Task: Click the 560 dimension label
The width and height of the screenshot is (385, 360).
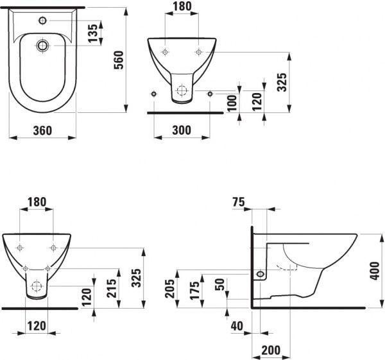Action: coord(119,60)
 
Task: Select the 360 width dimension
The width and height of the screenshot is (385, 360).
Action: coord(42,130)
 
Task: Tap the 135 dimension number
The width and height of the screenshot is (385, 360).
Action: coord(93,33)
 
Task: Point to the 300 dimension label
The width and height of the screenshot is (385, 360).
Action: coord(182,130)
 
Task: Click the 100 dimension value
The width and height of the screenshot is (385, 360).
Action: coord(232,103)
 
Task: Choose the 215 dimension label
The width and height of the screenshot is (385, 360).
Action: coord(112,288)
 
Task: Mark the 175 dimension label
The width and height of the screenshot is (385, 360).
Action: coord(194,290)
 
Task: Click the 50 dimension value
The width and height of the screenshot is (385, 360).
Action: coord(219,284)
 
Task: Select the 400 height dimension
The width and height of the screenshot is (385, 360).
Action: coord(375,271)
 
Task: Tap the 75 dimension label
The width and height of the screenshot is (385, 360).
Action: coord(239,202)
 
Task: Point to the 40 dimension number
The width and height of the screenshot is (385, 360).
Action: coord(237,326)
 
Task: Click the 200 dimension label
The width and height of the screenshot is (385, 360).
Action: coord(271,350)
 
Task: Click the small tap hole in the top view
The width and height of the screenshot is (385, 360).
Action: coord(42,21)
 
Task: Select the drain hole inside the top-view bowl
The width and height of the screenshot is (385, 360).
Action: coord(42,46)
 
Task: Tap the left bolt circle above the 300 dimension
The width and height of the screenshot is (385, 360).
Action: coord(154,94)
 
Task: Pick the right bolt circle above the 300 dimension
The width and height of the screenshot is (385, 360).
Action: coord(210,94)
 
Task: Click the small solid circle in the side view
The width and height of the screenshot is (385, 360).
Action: coord(260,274)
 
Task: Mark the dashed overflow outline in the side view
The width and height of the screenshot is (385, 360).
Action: coord(287,268)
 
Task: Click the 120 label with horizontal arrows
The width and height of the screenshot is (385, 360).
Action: coord(37,326)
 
